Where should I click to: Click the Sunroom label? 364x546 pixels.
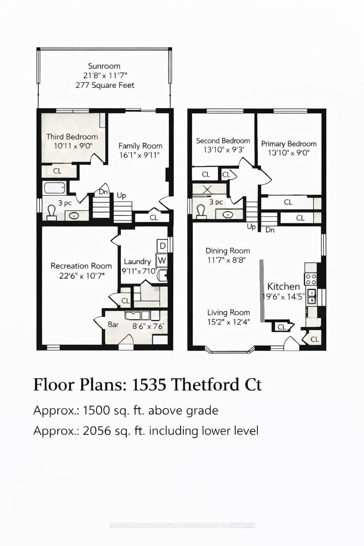[x=104, y=66]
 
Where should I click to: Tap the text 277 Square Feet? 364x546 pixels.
[x=105, y=85]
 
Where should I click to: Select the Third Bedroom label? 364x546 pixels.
[x=72, y=137]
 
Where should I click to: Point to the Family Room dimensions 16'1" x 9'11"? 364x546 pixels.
[x=139, y=155]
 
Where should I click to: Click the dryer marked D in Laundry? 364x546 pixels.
[x=162, y=246]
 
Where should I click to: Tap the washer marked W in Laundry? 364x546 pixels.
[x=162, y=260]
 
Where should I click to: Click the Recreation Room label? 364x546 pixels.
[x=81, y=266]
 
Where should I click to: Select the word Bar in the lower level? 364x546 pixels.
[x=113, y=325]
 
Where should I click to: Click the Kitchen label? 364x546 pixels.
[x=283, y=287]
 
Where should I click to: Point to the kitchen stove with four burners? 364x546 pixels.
[x=311, y=279]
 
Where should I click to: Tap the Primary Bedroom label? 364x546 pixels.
[x=289, y=144]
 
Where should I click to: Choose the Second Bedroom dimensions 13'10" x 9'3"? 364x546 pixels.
[x=224, y=150]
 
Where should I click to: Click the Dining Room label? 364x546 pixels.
[x=227, y=251]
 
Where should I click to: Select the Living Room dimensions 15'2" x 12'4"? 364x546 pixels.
[x=229, y=322]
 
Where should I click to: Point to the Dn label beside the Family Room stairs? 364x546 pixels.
[x=103, y=192]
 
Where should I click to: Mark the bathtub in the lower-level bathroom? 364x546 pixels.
[x=54, y=187]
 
